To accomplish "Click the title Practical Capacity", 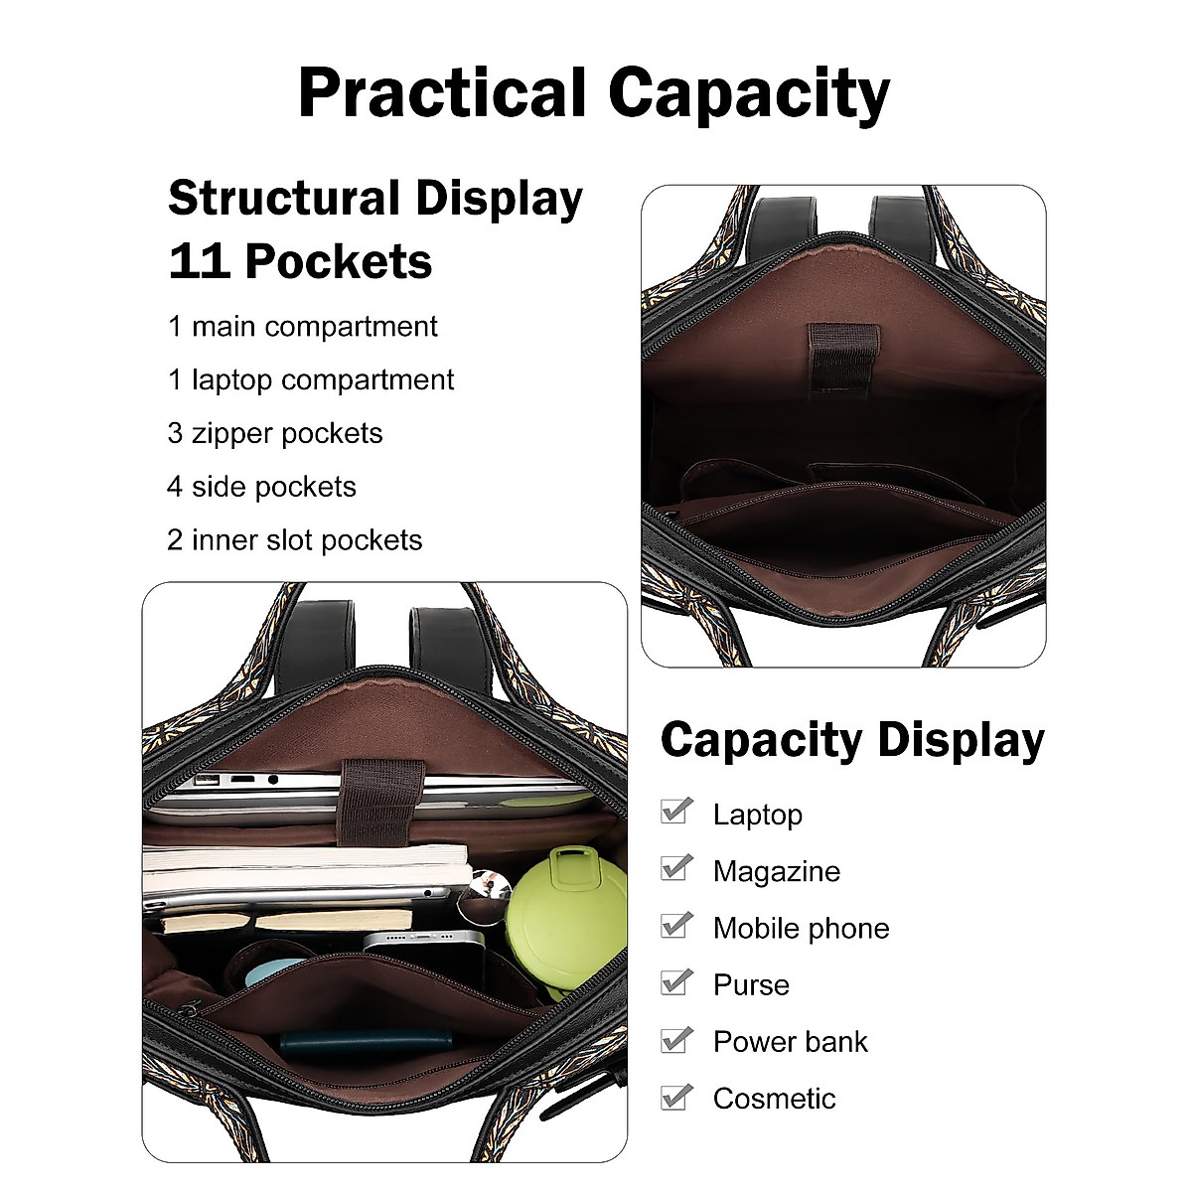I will pos(594,93).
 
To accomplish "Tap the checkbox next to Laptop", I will pos(675,812).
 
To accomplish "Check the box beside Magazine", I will pos(675,868).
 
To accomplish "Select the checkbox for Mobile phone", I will pos(675,925).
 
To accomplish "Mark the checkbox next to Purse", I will pos(675,981).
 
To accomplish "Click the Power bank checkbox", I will pos(675,1039).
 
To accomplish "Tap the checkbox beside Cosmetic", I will pos(675,1096).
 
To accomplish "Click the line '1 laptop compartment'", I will pos(311,379).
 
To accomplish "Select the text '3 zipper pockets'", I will pos(275,433).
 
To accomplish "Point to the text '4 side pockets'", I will pos(261,487).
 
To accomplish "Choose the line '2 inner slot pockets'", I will pos(295,540).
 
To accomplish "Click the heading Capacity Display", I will pos(852,741).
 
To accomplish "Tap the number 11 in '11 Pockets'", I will pos(198,262).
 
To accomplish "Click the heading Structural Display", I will pos(375,198).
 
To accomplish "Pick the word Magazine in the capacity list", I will pos(777,871).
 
